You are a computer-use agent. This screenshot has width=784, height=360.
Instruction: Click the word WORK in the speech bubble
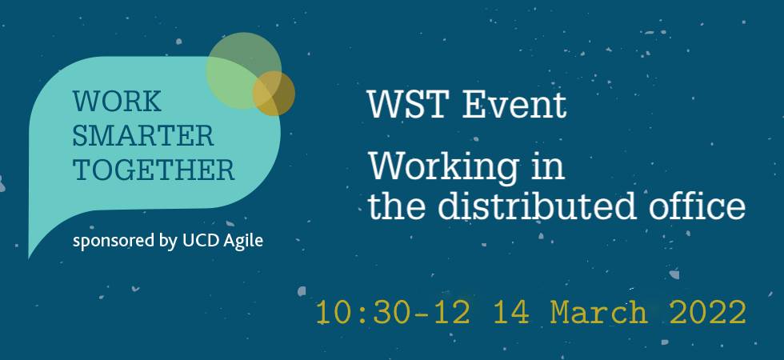[117, 102]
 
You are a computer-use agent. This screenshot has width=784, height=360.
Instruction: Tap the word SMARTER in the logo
[144, 136]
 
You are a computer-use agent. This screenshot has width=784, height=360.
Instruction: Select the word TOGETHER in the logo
[154, 170]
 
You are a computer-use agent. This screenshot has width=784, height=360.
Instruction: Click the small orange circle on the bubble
[274, 94]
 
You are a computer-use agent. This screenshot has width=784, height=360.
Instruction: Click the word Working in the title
[435, 168]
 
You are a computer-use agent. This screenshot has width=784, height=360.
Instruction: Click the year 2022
[707, 312]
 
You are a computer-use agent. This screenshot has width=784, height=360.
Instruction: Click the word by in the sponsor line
[169, 240]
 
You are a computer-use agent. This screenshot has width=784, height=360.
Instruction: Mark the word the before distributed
[394, 206]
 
